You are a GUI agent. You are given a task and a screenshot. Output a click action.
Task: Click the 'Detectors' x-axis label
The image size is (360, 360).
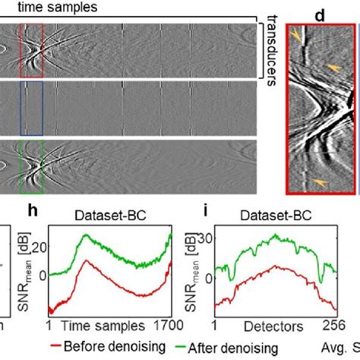(x=271, y=327)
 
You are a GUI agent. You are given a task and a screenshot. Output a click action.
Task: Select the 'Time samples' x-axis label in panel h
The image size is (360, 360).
(x=103, y=327)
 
